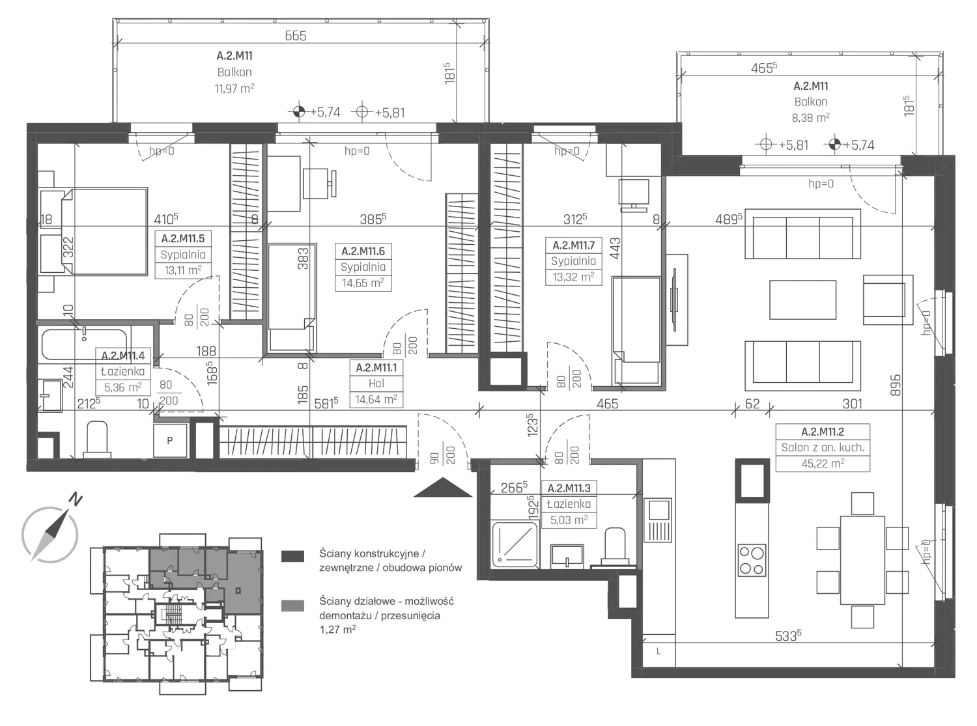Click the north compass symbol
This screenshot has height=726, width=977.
tap(50, 533)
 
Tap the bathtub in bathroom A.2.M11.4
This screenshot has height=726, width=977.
tap(84, 344)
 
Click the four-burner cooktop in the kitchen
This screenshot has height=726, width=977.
tap(752, 560)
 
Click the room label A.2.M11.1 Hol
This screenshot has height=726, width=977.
tap(376, 384)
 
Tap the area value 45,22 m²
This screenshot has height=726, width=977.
tap(823, 464)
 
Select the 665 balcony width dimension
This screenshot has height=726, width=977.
tap(295, 36)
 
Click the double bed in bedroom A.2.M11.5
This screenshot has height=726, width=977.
tap(93, 232)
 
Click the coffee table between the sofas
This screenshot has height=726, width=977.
tap(802, 300)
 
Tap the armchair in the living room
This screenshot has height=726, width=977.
tap(888, 300)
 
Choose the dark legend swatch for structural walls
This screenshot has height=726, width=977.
tap(292, 556)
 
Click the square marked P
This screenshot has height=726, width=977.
tap(170, 440)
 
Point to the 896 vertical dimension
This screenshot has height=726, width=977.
tap(895, 385)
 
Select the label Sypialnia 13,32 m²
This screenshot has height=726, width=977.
tap(573, 269)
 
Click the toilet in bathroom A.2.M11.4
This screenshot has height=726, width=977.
tap(96, 440)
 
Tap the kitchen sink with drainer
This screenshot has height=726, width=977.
tap(658, 520)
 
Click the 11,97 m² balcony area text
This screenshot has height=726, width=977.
tap(234, 89)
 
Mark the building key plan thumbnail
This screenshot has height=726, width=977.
tap(177, 615)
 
